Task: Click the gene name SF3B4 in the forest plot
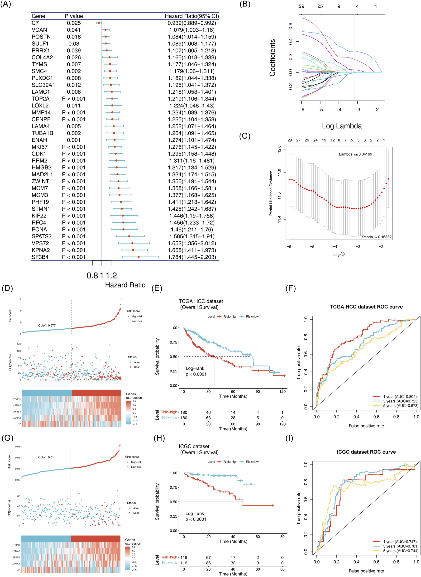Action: (40, 257)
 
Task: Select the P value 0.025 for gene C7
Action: (74, 23)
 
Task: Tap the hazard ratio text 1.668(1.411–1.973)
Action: (192, 250)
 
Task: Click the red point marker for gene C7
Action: (99, 23)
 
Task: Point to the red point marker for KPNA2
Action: (133, 250)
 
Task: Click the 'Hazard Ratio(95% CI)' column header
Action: (192, 16)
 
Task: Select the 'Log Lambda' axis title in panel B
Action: (341, 126)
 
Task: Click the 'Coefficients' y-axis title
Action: (273, 58)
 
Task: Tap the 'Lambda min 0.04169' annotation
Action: (355, 154)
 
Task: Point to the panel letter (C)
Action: (244, 136)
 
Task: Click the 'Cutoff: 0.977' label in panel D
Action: (47, 326)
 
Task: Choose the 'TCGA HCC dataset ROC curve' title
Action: (366, 307)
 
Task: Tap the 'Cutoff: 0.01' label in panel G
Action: (46, 457)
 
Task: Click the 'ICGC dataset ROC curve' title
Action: (366, 452)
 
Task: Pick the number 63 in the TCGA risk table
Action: (208, 418)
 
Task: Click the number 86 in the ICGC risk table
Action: (208, 563)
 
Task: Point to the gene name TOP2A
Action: (41, 99)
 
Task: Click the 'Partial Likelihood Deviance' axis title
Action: (271, 193)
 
